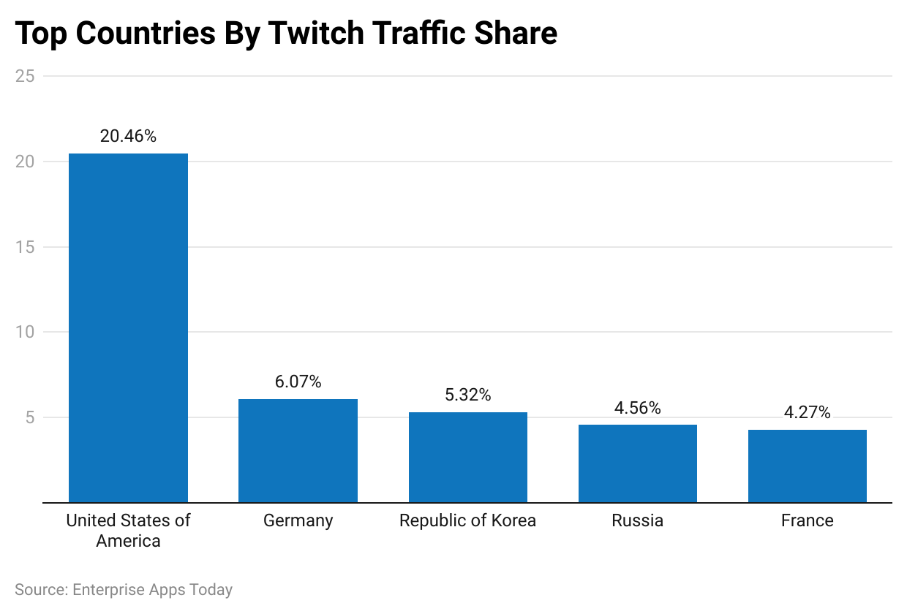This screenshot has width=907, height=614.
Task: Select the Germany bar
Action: click(298, 450)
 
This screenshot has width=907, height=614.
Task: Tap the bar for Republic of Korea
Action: click(467, 457)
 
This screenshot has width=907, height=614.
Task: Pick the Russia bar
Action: click(637, 463)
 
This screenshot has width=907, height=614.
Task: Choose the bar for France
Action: click(807, 466)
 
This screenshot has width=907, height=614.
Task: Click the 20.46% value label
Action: click(128, 136)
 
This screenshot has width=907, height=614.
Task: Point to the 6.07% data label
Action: click(298, 382)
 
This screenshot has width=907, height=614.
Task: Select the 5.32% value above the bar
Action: click(467, 395)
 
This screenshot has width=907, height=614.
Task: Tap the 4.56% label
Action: click(637, 408)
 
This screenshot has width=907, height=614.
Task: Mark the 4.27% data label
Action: click(807, 412)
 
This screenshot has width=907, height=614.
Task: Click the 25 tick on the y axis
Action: click(25, 76)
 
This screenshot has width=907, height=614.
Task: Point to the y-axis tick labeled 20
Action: click(25, 162)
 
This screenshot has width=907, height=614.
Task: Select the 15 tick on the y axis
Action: click(25, 247)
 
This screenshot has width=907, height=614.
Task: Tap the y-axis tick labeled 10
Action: click(25, 332)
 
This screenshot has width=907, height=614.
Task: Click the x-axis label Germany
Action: click(298, 520)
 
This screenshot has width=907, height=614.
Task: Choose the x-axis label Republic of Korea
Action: click(467, 520)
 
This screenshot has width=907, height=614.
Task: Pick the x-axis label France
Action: click(807, 520)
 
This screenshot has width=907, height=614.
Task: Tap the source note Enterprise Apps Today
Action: click(152, 589)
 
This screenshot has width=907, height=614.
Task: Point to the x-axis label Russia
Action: click(637, 520)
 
